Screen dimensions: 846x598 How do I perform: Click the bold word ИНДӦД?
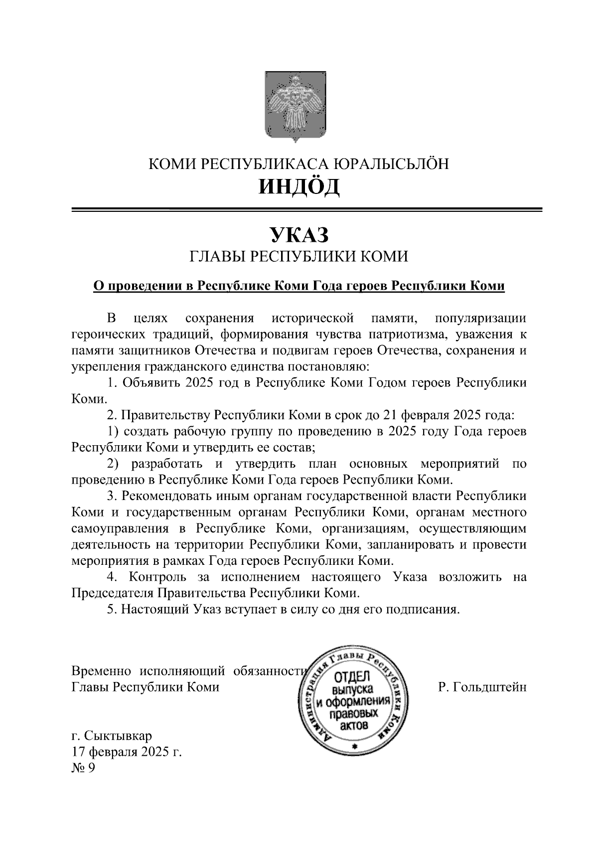299,186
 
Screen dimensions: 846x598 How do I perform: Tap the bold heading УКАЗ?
299,235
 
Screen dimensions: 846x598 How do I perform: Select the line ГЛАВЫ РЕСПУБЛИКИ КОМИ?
299,257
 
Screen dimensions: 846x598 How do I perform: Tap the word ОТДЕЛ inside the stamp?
352,677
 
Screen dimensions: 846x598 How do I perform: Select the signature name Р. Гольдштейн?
482,687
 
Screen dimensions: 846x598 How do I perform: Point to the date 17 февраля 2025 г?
127,752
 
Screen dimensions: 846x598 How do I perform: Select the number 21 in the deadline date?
390,415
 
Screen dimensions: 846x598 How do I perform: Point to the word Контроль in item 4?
157,577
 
